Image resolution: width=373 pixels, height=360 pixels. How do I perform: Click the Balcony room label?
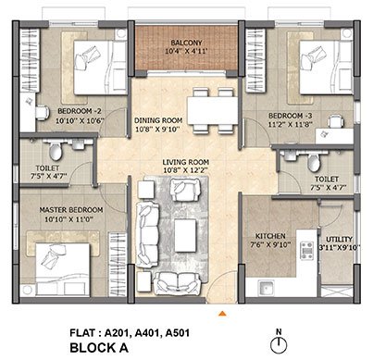click(x=186, y=43)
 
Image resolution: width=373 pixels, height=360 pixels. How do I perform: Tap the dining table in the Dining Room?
click(x=213, y=111)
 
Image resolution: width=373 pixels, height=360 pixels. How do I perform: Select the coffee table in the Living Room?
click(x=185, y=235)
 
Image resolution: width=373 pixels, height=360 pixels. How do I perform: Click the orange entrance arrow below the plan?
click(x=222, y=314)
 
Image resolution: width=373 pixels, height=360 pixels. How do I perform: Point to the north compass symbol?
click(x=279, y=342)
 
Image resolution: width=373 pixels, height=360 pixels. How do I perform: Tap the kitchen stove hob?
click(x=307, y=251)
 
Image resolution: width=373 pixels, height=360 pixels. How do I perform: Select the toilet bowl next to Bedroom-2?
click(x=56, y=151)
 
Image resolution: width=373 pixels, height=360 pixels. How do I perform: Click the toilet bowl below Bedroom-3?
click(x=314, y=162)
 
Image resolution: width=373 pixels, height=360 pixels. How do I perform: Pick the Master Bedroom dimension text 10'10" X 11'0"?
click(x=69, y=219)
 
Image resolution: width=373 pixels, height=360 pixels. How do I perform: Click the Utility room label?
click(x=339, y=239)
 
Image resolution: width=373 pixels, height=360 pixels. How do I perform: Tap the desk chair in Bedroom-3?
click(x=335, y=121)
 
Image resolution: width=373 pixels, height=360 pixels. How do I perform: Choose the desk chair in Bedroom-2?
click(x=43, y=113)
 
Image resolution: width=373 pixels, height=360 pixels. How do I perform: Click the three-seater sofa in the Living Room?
click(x=148, y=234)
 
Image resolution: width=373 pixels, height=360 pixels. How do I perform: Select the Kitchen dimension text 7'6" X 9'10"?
click(x=270, y=244)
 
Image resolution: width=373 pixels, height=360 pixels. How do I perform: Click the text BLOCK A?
click(x=99, y=348)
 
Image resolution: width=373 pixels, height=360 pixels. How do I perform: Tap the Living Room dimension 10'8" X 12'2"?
click(x=186, y=170)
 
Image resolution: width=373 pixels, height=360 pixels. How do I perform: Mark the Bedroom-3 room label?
click(x=291, y=116)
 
